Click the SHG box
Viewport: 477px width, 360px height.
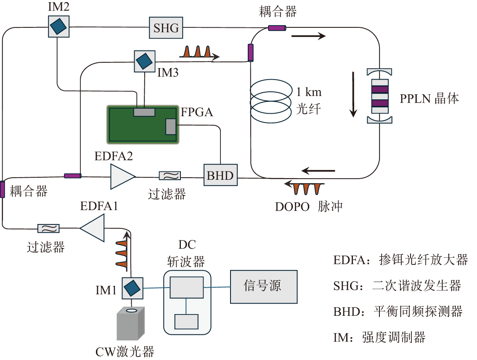[x=166, y=28]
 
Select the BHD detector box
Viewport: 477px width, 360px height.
[x=220, y=175]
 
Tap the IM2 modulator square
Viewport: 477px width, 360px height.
[x=58, y=26]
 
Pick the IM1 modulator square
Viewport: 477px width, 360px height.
[x=132, y=288]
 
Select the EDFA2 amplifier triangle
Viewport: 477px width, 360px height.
[x=122, y=176]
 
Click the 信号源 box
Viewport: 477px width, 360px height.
[x=263, y=287]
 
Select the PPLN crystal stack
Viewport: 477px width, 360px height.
[x=379, y=96]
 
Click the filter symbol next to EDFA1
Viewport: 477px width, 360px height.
[x=48, y=229]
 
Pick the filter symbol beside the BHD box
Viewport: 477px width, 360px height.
[x=170, y=175]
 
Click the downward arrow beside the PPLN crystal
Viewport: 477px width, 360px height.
[x=353, y=94]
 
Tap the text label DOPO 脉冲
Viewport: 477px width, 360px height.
[x=309, y=207]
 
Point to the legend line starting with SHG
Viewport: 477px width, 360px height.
[x=397, y=286]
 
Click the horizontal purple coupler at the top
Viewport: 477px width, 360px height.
[x=277, y=28]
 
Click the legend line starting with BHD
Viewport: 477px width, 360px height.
[x=397, y=312]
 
